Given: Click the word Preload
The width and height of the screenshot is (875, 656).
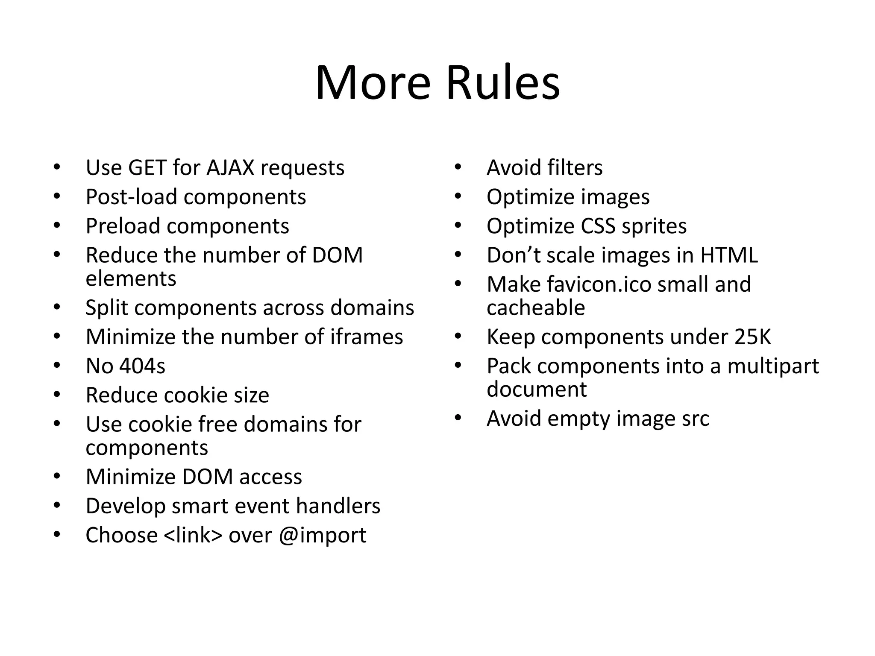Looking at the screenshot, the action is pyautogui.click(x=123, y=226).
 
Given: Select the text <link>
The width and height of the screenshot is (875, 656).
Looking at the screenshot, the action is pyautogui.click(x=193, y=535).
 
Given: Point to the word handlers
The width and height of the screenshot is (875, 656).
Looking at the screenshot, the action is pyautogui.click(x=338, y=506).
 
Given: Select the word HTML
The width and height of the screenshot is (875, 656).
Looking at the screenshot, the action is pyautogui.click(x=729, y=255).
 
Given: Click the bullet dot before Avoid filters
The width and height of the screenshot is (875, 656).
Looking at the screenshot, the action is pyautogui.click(x=458, y=167).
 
